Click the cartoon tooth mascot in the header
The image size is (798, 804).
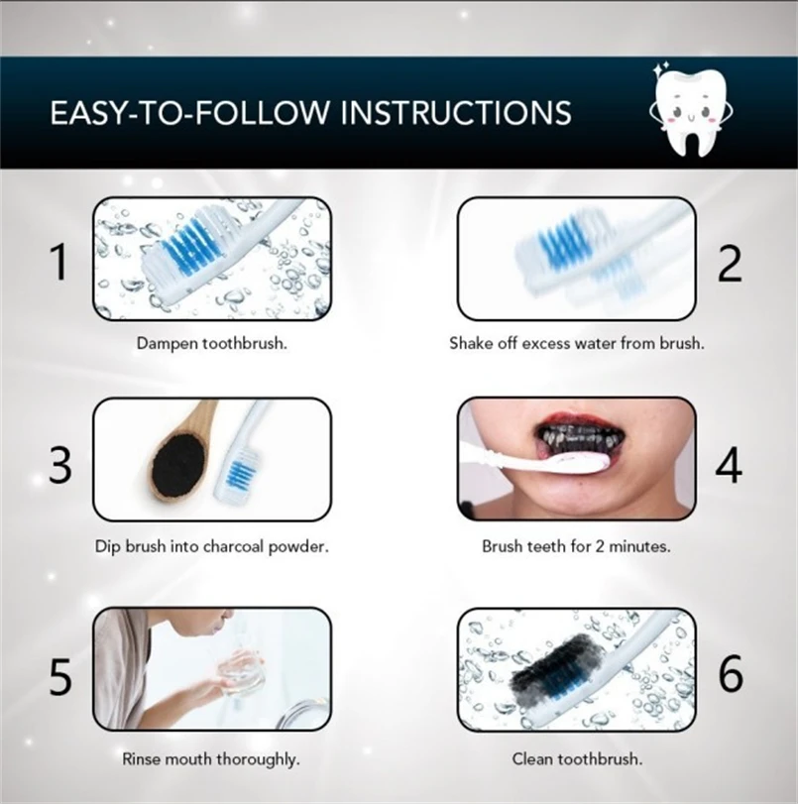[x=691, y=110]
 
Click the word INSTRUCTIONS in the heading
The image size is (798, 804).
[x=456, y=112]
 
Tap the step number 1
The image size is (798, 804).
[x=59, y=262]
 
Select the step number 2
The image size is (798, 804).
[x=730, y=264]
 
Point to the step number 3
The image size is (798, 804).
[x=60, y=465]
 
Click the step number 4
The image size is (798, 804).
[x=729, y=465]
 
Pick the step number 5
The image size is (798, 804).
[x=60, y=676]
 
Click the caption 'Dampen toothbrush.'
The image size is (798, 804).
[x=212, y=343]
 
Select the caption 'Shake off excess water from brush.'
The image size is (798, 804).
[x=577, y=343]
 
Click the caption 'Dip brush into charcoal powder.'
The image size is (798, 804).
[x=212, y=546]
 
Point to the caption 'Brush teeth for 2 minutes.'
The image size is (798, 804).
[x=577, y=546]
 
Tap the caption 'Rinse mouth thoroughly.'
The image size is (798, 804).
[x=211, y=758]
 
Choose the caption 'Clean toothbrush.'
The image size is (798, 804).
[x=577, y=758]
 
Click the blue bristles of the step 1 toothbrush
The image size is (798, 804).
[x=191, y=245]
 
